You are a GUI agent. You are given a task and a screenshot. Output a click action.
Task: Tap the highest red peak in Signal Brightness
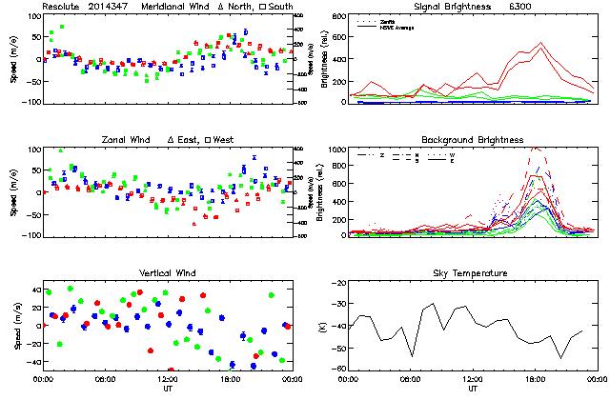coord(540,42)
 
